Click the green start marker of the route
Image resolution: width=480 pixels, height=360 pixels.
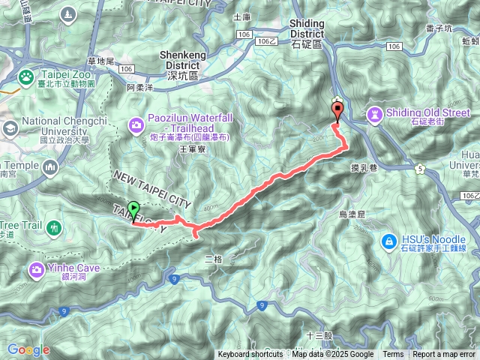133,210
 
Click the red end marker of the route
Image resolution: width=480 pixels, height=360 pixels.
337,112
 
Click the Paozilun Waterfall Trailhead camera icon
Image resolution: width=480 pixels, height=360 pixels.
137,124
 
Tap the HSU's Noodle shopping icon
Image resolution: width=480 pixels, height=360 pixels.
388,241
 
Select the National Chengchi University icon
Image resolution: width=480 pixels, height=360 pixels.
10,128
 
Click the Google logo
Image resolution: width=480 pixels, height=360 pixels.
28,349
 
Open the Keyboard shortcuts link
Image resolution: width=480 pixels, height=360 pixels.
250,355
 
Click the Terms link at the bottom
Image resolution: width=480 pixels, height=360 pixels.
393,355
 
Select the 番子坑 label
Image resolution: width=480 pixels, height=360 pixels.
439,28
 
